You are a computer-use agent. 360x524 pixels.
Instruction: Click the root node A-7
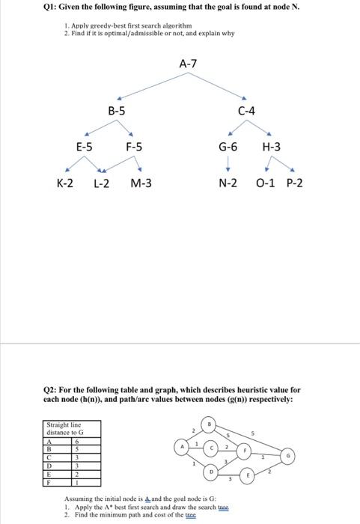(189, 64)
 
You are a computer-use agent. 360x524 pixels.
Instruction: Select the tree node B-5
(117, 112)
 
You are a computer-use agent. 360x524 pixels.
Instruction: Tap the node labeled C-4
(246, 112)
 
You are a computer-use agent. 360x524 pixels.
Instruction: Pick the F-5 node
(135, 147)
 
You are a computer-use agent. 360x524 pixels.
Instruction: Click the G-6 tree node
(228, 147)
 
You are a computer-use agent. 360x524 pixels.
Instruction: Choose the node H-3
(272, 147)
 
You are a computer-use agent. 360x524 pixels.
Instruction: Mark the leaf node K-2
(65, 183)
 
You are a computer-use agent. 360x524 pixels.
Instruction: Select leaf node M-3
(141, 183)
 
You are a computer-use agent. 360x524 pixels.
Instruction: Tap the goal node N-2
(228, 183)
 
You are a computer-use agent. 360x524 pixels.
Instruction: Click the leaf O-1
(265, 183)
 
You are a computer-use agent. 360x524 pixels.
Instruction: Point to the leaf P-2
(295, 183)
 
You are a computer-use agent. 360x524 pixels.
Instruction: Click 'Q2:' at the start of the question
(55, 390)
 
